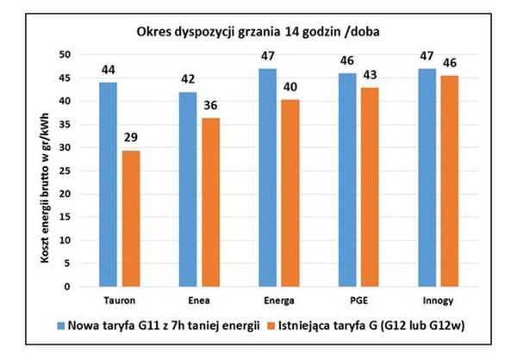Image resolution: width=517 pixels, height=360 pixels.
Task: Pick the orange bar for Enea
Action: (x=210, y=202)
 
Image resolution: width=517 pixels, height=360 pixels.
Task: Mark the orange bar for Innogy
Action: (x=449, y=180)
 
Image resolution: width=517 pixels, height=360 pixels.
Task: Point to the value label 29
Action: (x=131, y=137)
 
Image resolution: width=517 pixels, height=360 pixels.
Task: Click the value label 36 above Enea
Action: (x=210, y=105)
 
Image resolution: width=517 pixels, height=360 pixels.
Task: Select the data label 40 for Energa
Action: (x=290, y=87)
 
